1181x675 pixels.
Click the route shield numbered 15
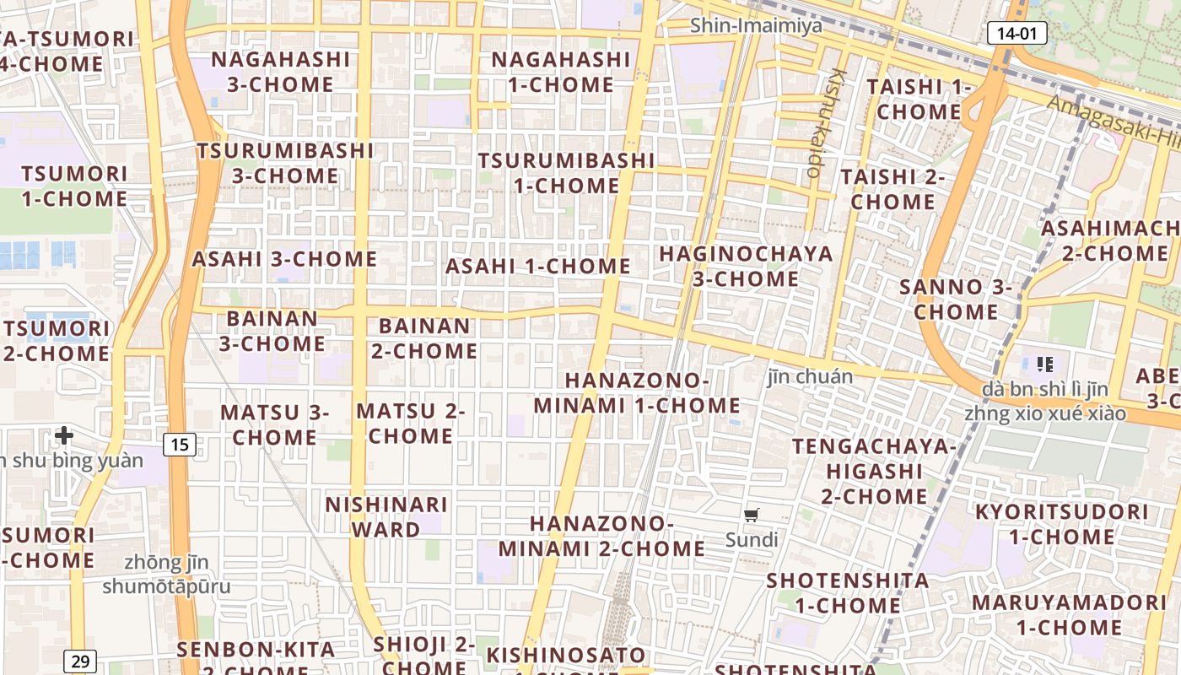pyautogui.click(x=180, y=444)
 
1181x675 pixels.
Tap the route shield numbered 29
pyautogui.click(x=80, y=661)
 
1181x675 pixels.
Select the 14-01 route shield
pyautogui.click(x=1017, y=33)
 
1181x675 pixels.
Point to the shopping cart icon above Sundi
pyautogui.click(x=752, y=515)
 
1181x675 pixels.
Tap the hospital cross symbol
pyautogui.click(x=64, y=435)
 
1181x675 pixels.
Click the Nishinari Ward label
pyautogui.click(x=386, y=517)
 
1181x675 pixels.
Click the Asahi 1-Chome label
pyautogui.click(x=538, y=266)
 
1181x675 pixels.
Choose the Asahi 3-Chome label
pyautogui.click(x=284, y=258)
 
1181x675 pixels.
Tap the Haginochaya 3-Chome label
pyautogui.click(x=746, y=266)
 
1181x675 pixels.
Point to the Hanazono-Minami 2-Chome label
pyautogui.click(x=601, y=536)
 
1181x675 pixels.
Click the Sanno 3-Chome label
pyautogui.click(x=956, y=299)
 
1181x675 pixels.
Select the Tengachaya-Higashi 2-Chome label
pyautogui.click(x=874, y=471)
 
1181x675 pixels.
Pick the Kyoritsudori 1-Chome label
pyautogui.click(x=1062, y=524)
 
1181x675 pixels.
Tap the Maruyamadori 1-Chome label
pyautogui.click(x=1069, y=615)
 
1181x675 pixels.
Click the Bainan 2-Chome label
pyautogui.click(x=424, y=337)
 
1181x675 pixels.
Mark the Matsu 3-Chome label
pyautogui.click(x=274, y=424)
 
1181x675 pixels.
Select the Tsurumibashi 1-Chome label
pyautogui.click(x=566, y=172)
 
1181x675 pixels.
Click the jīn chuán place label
pyautogui.click(x=810, y=376)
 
